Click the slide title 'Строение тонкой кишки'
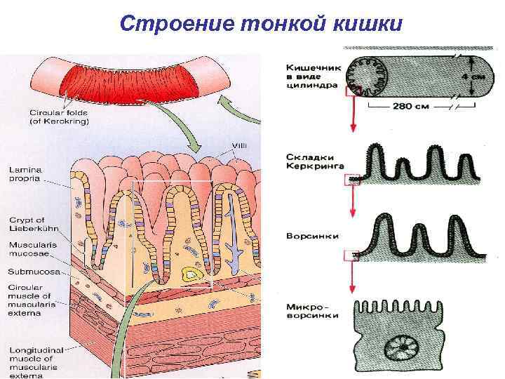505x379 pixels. click(x=262, y=23)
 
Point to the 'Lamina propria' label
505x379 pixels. click(x=25, y=174)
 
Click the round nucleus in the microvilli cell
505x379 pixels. click(x=403, y=349)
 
